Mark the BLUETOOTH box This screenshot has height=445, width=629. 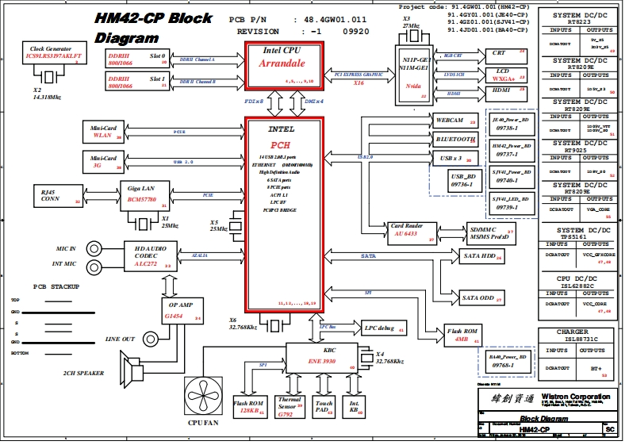coord(455,140)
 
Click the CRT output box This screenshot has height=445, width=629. coord(507,55)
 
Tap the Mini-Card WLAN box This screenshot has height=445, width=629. coord(105,132)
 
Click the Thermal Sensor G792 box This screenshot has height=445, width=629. coord(287,406)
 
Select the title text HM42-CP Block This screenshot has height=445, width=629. coord(153,18)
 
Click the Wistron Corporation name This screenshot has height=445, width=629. coord(576,397)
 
